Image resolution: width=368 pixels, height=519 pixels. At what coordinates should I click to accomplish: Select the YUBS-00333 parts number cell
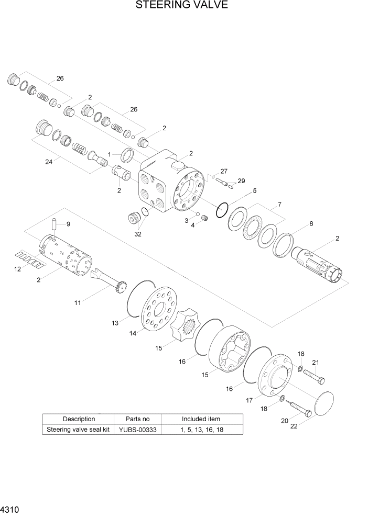tap(137, 430)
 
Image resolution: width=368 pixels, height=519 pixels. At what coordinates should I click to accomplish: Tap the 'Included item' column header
tap(201, 419)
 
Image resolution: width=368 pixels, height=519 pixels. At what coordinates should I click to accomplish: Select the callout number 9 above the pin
tap(68, 224)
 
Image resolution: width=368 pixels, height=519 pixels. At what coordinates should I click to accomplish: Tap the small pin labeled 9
tap(53, 225)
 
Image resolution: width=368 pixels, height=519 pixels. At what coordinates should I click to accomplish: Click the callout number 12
tap(18, 269)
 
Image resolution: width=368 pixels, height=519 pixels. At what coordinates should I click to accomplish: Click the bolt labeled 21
tap(313, 375)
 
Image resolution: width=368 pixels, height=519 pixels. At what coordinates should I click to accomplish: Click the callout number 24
tap(49, 162)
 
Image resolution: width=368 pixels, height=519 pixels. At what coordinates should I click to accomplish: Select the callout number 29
tap(241, 181)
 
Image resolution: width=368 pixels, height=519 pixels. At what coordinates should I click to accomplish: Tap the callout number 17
tap(250, 400)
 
